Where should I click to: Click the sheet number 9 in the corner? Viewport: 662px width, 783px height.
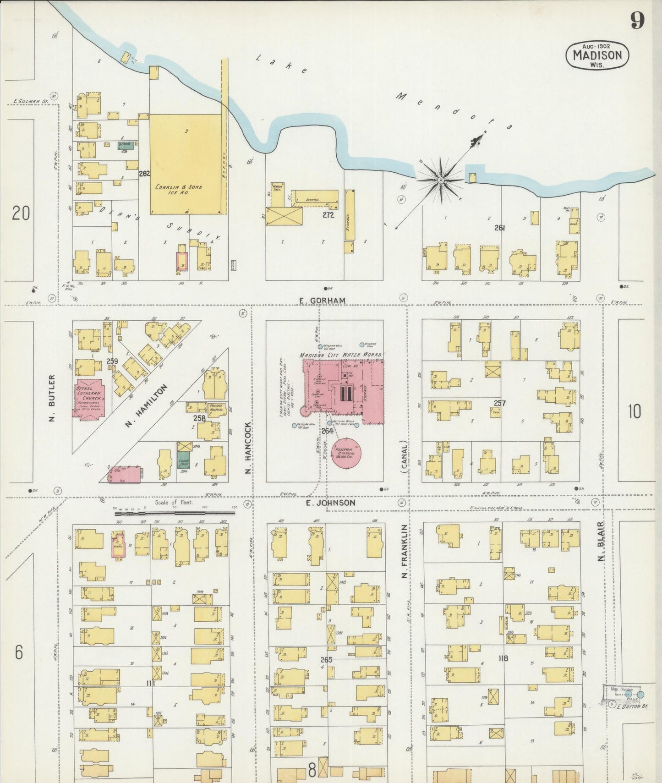637,21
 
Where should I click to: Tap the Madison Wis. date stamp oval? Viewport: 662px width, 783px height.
597,55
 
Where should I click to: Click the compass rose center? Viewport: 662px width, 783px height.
441,181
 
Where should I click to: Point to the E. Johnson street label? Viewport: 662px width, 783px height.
330,503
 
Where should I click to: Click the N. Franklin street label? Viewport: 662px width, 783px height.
404,551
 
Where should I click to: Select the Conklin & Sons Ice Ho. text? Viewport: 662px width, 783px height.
179,190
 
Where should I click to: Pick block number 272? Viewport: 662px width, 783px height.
328,214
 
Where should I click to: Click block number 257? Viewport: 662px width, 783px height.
499,403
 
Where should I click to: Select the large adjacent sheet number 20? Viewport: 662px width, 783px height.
21,213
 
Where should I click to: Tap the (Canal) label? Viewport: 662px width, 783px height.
404,456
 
